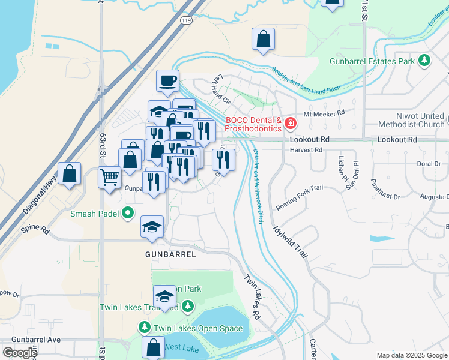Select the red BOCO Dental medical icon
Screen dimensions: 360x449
point(291,124)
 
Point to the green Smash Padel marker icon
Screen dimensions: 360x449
point(127,213)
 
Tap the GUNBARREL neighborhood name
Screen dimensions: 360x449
point(170,254)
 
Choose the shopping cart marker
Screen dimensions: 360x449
point(110,177)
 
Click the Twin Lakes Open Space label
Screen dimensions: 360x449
point(197,328)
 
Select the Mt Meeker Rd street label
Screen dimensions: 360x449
point(325,112)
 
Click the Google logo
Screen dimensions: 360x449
point(19,352)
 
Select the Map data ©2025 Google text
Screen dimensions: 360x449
point(411,355)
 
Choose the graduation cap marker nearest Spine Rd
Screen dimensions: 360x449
point(152,227)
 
